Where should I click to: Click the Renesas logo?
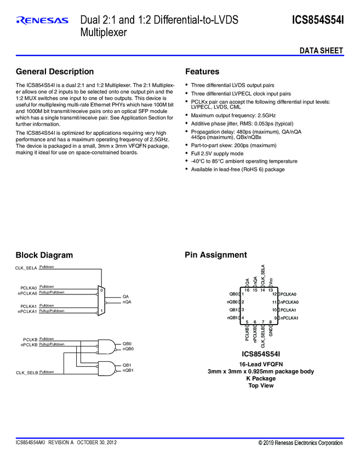[x=42, y=21]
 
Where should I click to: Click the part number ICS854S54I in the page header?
[x=318, y=20]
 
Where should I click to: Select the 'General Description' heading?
[x=55, y=72]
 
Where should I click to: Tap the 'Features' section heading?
[x=202, y=72]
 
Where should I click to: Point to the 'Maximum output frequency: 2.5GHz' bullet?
[x=233, y=116]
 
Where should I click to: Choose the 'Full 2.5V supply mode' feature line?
[x=217, y=154]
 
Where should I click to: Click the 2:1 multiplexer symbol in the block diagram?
[x=101, y=300]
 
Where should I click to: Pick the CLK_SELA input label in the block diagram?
[x=26, y=268]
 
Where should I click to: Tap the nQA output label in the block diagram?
[x=127, y=302]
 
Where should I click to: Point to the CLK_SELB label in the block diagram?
[x=27, y=373]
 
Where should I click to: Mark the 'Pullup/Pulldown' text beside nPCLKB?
[x=52, y=344]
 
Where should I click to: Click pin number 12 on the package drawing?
[x=274, y=294]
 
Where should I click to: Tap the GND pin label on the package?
[x=271, y=332]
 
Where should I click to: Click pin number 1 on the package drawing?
[x=243, y=294]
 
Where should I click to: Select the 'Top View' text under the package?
[x=260, y=385]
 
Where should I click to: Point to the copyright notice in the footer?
[x=300, y=442]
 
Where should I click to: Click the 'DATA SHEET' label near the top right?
[x=321, y=51]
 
